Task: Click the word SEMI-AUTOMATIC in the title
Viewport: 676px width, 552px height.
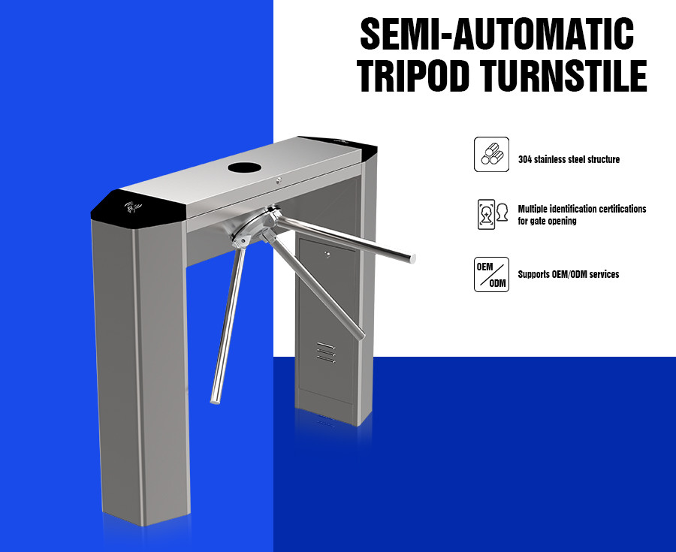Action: pyautogui.click(x=496, y=34)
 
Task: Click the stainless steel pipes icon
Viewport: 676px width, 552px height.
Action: pyautogui.click(x=491, y=154)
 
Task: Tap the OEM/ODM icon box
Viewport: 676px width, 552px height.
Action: pyautogui.click(x=491, y=274)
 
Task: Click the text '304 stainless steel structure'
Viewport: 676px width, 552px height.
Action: pyautogui.click(x=569, y=159)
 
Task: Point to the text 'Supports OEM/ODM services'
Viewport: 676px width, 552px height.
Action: pyautogui.click(x=569, y=274)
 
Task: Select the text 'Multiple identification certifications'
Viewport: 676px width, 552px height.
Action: pyautogui.click(x=582, y=209)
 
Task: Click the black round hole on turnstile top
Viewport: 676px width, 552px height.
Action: pyautogui.click(x=245, y=167)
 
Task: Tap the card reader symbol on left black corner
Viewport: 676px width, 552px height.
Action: pyautogui.click(x=133, y=208)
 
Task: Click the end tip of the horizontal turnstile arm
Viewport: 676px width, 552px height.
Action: pyautogui.click(x=412, y=258)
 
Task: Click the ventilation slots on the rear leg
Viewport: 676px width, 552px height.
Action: pyautogui.click(x=326, y=352)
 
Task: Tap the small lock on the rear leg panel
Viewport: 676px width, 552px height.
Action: pyautogui.click(x=327, y=255)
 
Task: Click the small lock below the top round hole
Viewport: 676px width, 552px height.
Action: pyautogui.click(x=279, y=180)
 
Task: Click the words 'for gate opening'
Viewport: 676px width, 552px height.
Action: pyautogui.click(x=547, y=221)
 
